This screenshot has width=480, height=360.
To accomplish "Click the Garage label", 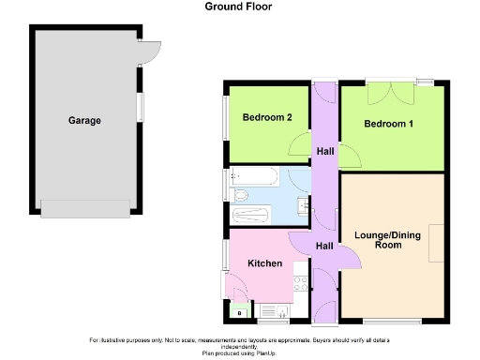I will pos(84,121).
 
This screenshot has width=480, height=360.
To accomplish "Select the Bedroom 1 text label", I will pos(389,124).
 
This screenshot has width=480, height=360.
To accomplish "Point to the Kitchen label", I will pos(264,263).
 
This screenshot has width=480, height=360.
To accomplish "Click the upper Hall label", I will pos(325,152).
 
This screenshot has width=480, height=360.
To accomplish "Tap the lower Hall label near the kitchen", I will pos(324,246).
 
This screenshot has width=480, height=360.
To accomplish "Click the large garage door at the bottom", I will pos(84,209).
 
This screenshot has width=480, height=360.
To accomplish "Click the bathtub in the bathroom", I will pos(253,175).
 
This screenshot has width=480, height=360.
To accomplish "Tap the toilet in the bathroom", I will pos(240,195).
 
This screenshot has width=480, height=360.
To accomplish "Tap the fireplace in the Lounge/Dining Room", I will pos(438,244).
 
